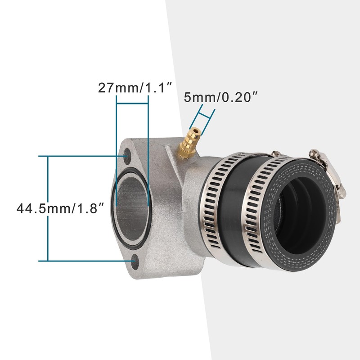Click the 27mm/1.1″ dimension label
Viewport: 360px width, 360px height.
(135, 87)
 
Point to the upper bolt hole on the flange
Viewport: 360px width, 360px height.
(127, 156)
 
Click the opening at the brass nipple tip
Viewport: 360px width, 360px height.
(196, 131)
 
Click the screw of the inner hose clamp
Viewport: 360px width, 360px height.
(275, 153)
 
